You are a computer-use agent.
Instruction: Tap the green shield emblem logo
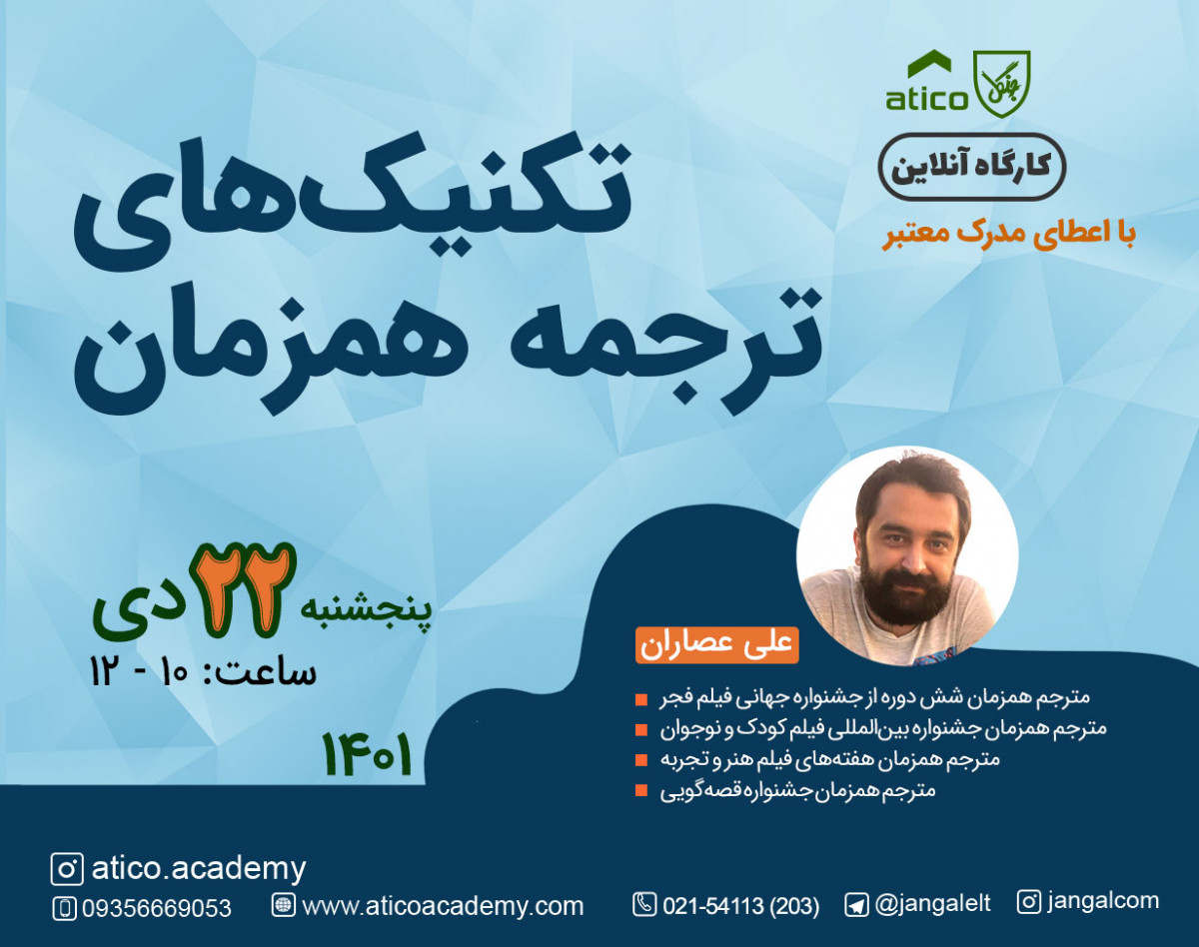tap(1001, 84)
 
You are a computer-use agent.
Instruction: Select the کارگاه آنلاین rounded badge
tap(971, 166)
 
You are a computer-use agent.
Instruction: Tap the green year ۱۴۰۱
tap(367, 755)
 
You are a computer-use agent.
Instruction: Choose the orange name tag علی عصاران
tap(716, 644)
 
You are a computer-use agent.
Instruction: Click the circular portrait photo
tap(907, 555)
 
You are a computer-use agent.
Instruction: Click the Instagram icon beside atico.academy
tap(67, 869)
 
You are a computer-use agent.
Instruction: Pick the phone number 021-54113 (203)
tap(739, 906)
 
